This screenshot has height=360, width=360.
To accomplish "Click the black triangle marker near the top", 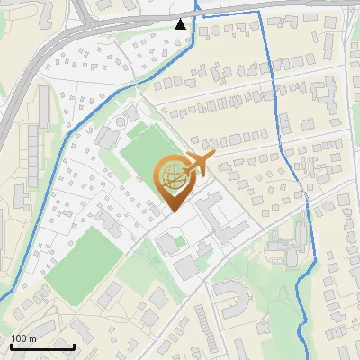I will click(x=181, y=24).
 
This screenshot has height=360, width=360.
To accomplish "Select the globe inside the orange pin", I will click(x=172, y=177).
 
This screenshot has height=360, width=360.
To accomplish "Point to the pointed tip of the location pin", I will click(x=171, y=211).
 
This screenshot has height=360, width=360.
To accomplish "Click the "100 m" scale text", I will click(x=23, y=338).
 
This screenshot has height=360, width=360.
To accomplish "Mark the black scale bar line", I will click(x=42, y=346).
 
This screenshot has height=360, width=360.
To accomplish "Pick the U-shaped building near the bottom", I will click(x=231, y=295).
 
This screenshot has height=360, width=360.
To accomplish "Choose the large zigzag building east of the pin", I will click(x=215, y=212).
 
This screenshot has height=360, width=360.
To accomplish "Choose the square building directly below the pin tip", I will click(x=167, y=243).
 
